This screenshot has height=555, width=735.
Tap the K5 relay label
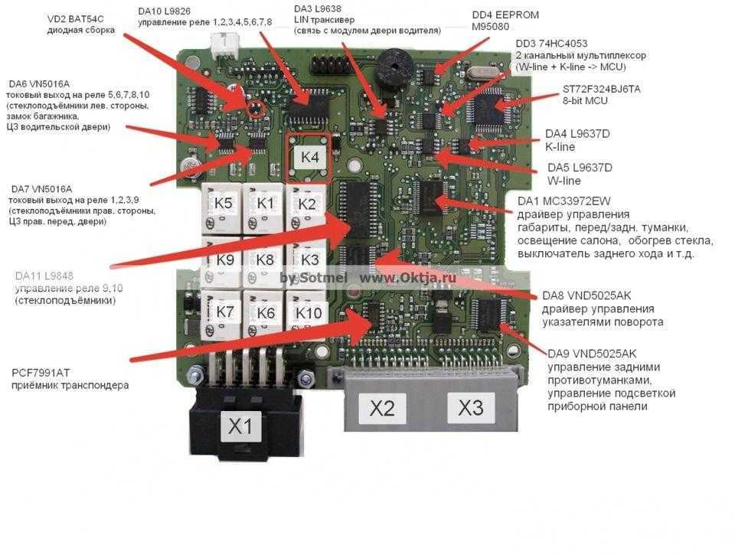pos(224,204)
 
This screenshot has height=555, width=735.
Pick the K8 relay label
pos(265,260)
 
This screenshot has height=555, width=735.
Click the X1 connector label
pos(241,426)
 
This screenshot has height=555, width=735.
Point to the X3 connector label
pos(471,407)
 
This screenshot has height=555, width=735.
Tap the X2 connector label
pos(382,409)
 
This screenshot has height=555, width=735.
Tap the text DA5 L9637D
pos(580,167)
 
